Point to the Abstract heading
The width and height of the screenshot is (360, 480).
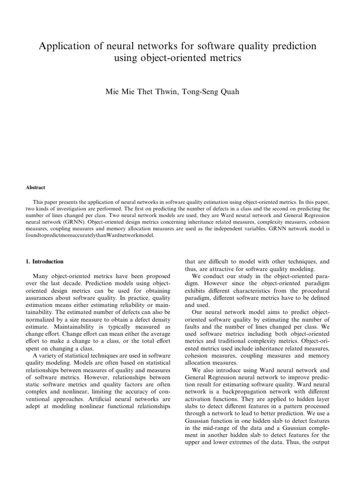36,187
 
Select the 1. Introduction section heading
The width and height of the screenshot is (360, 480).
45,262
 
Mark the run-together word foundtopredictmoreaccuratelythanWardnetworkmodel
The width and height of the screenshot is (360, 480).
90,236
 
